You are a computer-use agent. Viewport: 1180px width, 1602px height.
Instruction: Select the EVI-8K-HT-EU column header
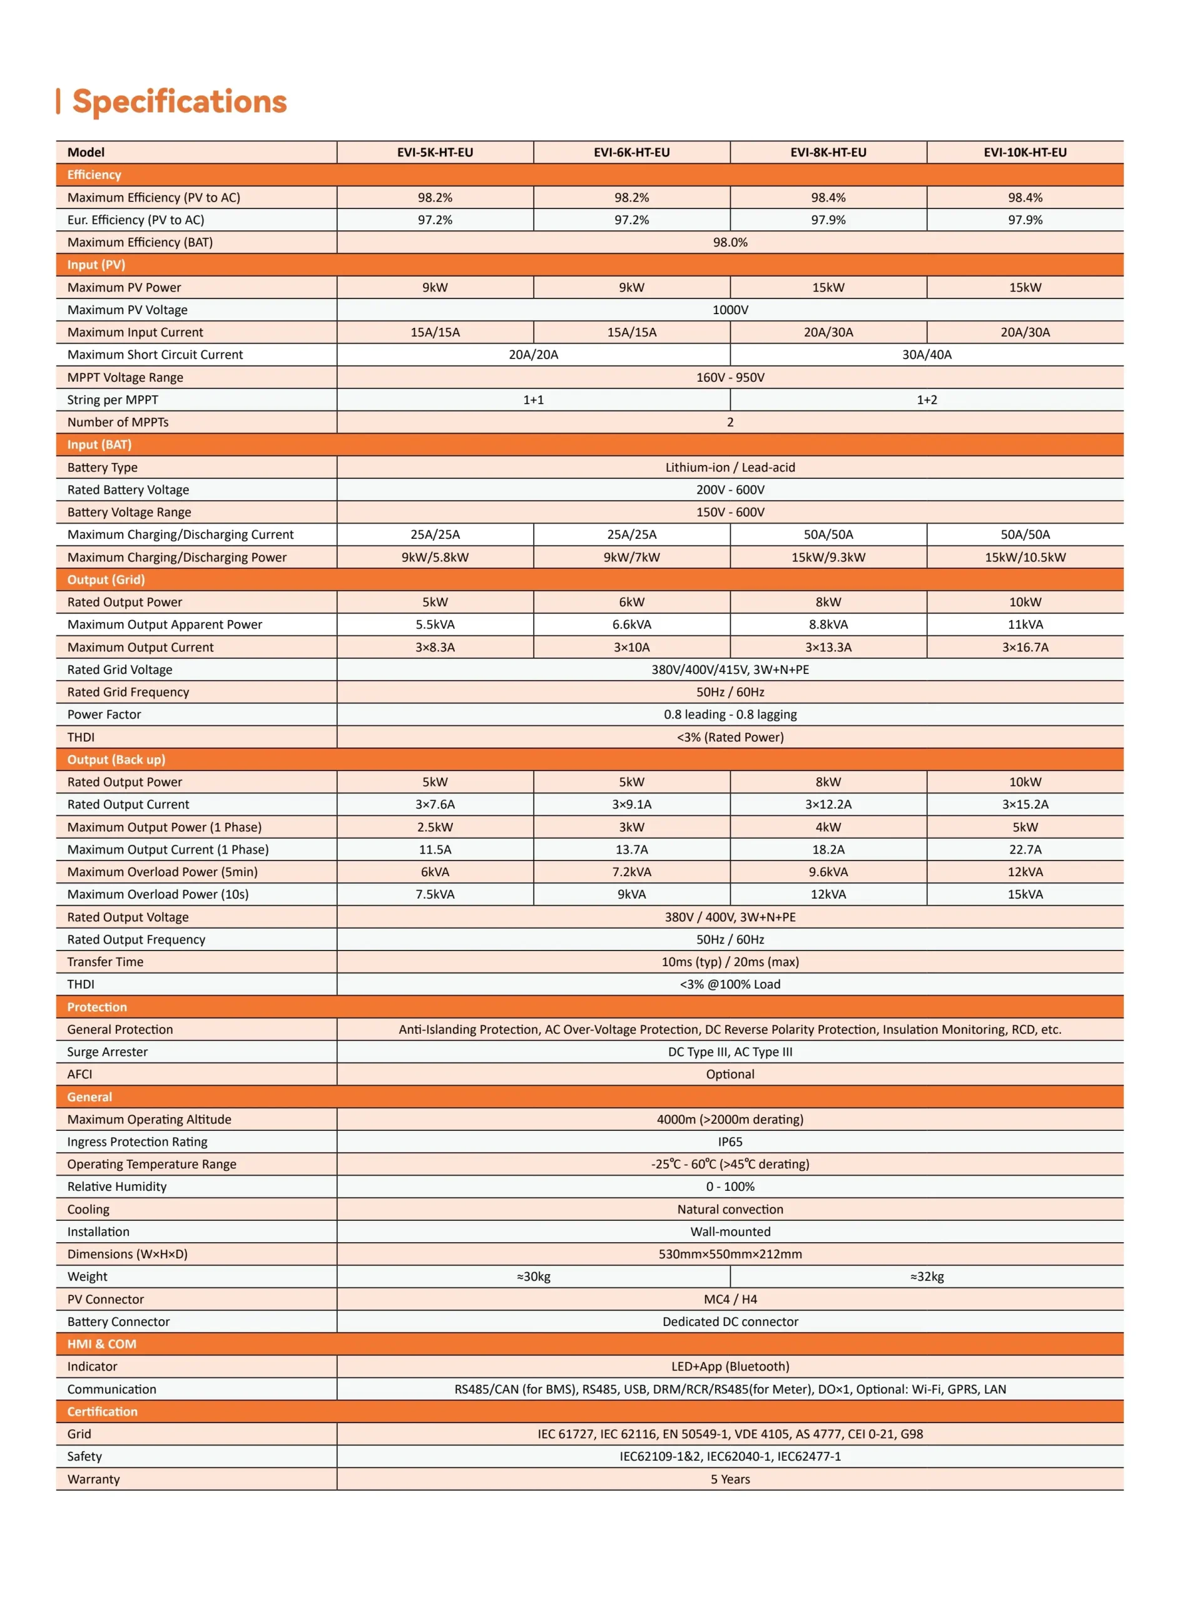pyautogui.click(x=828, y=152)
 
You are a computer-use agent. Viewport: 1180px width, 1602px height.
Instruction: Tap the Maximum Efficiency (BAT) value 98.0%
pyautogui.click(x=730, y=242)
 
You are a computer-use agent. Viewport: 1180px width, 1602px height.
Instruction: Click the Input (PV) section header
pyautogui.click(x=96, y=264)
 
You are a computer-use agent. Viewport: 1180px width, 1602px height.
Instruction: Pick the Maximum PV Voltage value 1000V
pyautogui.click(x=730, y=309)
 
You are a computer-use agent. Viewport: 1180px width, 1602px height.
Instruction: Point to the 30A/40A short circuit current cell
pyautogui.click(x=927, y=354)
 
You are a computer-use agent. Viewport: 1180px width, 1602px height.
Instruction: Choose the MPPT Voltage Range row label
pyautogui.click(x=125, y=377)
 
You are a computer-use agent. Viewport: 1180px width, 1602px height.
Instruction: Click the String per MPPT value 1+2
pyautogui.click(x=927, y=399)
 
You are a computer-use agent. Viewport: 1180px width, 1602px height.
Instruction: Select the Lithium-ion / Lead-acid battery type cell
pyautogui.click(x=730, y=467)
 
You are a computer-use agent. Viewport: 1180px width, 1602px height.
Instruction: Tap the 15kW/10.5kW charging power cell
pyautogui.click(x=1025, y=557)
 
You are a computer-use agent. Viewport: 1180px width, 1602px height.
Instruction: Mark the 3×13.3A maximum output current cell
pyautogui.click(x=828, y=647)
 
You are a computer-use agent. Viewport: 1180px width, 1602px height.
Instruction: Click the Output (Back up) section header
pyautogui.click(x=116, y=759)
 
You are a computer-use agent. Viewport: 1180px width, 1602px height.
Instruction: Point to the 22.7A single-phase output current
pyautogui.click(x=1025, y=849)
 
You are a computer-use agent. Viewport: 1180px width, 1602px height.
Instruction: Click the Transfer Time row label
pyautogui.click(x=105, y=961)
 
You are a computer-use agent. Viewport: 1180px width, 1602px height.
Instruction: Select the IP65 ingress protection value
pyautogui.click(x=730, y=1141)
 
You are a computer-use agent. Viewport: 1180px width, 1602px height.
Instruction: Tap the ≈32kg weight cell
pyautogui.click(x=927, y=1277)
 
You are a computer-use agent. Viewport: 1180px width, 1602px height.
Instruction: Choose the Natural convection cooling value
pyautogui.click(x=730, y=1209)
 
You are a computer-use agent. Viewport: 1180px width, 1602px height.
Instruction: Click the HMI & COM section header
pyautogui.click(x=101, y=1344)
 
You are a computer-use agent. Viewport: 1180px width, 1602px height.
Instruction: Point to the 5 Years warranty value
pyautogui.click(x=730, y=1479)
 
